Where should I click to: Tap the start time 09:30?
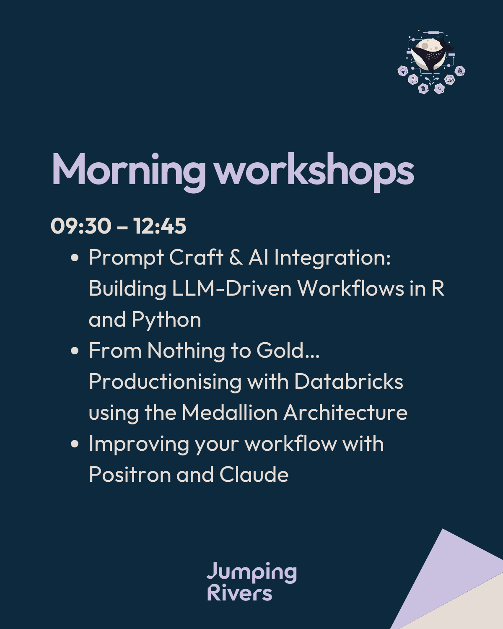[x=81, y=226]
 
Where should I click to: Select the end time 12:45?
[x=160, y=226]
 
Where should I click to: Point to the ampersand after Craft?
[x=236, y=257]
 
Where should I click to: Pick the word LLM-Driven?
[x=232, y=288]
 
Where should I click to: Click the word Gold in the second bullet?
[x=288, y=350]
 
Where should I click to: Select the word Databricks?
[x=349, y=381]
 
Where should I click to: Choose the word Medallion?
[x=229, y=412]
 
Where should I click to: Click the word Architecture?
[x=345, y=412]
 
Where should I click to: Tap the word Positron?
[x=130, y=474]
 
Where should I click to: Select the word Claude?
[x=254, y=474]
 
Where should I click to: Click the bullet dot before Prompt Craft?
[x=75, y=257]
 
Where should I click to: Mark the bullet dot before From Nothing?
[x=75, y=351]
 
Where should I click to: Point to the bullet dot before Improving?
[x=75, y=443]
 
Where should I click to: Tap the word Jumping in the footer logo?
[x=251, y=572]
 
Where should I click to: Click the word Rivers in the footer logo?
[x=240, y=593]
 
